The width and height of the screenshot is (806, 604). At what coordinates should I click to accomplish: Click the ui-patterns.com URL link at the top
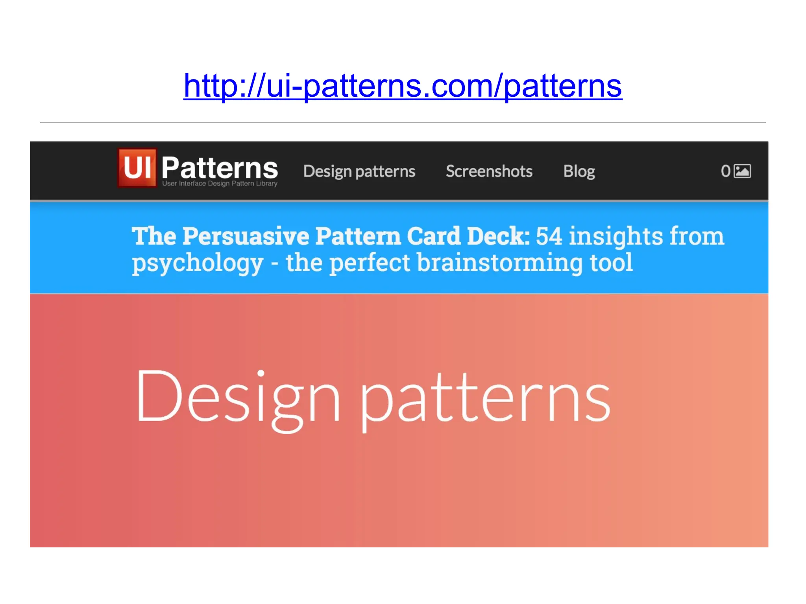click(x=403, y=86)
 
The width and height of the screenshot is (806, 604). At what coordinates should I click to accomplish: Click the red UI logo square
click(x=137, y=168)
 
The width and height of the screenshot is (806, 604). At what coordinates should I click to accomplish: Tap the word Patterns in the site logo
click(x=220, y=168)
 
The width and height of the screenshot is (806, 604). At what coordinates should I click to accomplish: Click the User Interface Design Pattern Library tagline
click(x=220, y=184)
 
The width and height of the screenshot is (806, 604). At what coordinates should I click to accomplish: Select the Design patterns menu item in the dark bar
click(x=359, y=171)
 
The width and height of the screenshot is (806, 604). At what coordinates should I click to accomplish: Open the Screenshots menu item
click(x=489, y=171)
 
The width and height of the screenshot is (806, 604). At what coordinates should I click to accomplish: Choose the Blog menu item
click(x=579, y=171)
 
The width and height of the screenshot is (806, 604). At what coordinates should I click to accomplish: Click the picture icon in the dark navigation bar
click(x=743, y=171)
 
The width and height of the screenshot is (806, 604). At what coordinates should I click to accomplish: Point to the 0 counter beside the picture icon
click(x=725, y=171)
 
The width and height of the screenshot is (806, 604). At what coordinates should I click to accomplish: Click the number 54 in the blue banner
click(x=549, y=236)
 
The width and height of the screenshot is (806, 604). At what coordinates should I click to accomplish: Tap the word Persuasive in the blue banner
click(x=246, y=236)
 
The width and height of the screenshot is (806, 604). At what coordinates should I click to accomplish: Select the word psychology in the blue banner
click(x=198, y=263)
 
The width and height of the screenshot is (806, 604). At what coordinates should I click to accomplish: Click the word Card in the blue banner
click(x=433, y=236)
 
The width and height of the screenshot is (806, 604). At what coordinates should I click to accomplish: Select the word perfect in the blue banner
click(x=370, y=263)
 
